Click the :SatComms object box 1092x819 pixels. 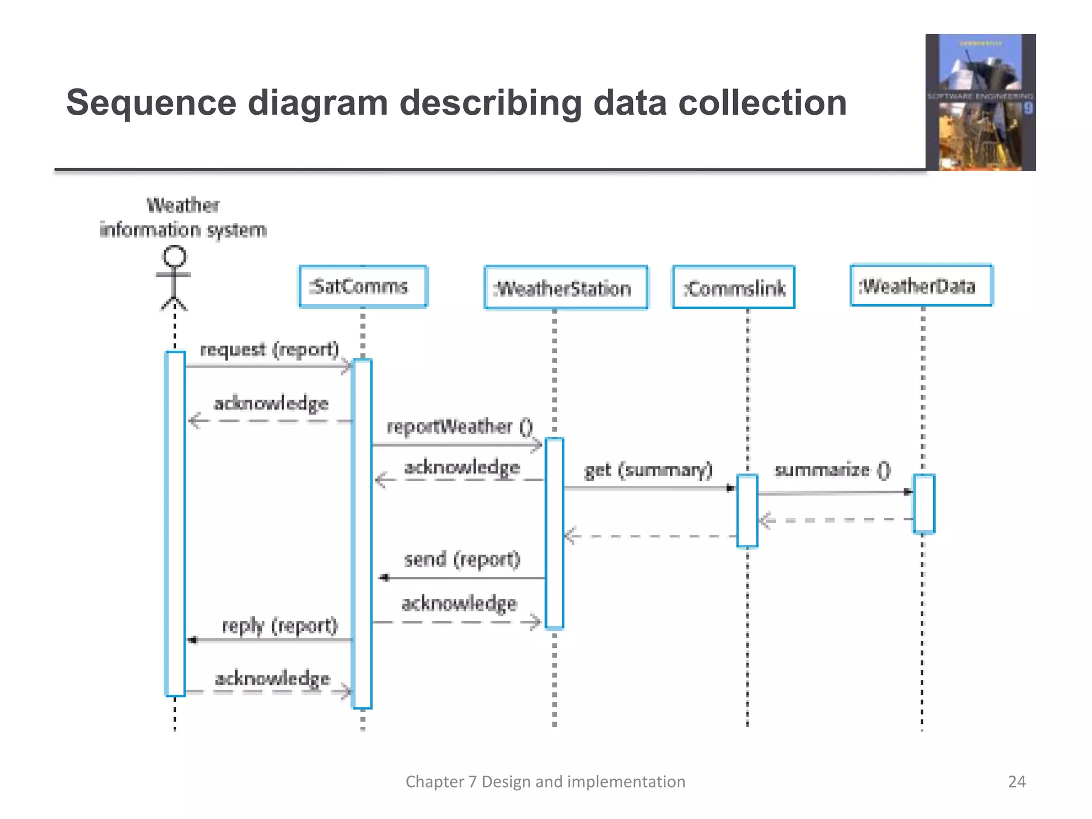[x=363, y=287]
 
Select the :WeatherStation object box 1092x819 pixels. [x=566, y=288]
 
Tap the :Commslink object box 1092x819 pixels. [x=734, y=288]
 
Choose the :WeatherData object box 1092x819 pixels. [x=921, y=286]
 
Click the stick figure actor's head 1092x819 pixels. [x=174, y=256]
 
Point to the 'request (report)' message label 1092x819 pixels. [x=269, y=350]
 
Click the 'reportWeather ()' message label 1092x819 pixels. [x=459, y=427]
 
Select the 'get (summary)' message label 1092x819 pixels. [x=648, y=470]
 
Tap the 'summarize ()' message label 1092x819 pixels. [x=832, y=470]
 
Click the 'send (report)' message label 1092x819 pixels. [x=462, y=559]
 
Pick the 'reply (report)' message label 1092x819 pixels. [x=279, y=625]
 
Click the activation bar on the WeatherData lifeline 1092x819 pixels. [x=924, y=503]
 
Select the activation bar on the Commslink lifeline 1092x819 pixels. [x=747, y=510]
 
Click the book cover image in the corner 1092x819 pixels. [x=980, y=102]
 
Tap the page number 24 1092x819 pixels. [x=1016, y=782]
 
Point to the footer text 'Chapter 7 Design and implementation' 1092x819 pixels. [x=545, y=782]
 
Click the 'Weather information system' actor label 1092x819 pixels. [x=183, y=218]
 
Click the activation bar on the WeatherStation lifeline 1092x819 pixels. [x=555, y=533]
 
